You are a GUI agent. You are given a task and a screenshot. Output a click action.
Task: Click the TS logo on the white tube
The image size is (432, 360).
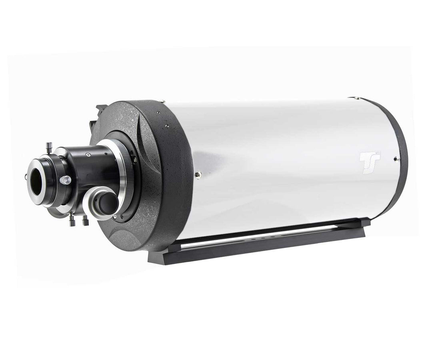369,162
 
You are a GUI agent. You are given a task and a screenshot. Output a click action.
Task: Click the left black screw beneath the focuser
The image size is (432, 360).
72,220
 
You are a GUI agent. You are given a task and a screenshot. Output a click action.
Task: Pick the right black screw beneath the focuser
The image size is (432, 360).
85,220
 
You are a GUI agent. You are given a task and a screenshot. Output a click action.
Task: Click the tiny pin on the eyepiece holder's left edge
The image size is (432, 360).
26,176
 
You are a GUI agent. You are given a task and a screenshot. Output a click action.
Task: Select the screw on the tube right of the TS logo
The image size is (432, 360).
395,159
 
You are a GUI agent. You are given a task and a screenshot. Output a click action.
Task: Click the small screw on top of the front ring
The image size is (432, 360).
352,97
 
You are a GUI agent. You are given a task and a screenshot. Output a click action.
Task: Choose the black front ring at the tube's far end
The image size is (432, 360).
400,160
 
